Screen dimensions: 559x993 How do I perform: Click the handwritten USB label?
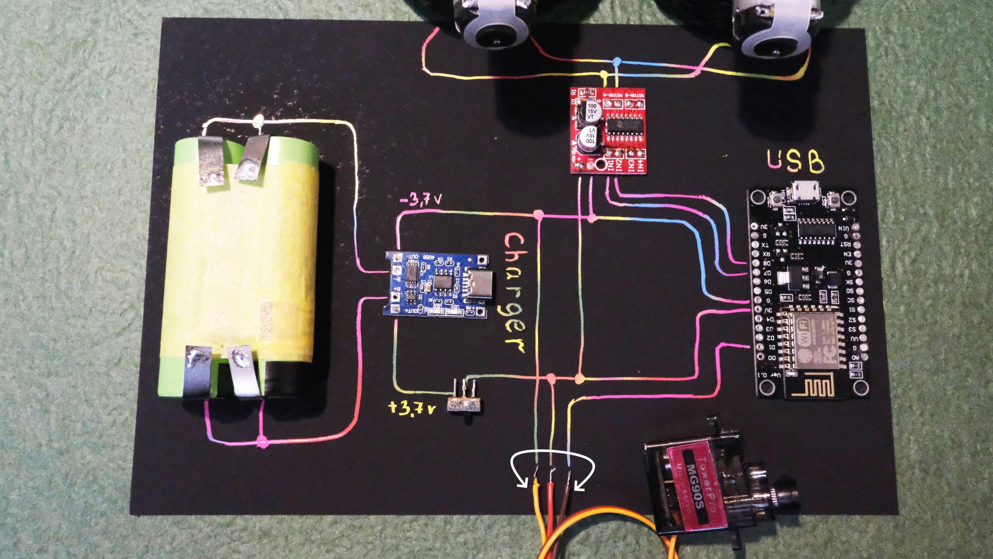(795, 161)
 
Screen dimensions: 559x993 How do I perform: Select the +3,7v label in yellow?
(412, 408)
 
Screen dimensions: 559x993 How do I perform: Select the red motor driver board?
(608, 130)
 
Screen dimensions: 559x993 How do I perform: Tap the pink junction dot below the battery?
(262, 442)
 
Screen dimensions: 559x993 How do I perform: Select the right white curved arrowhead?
(578, 487)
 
